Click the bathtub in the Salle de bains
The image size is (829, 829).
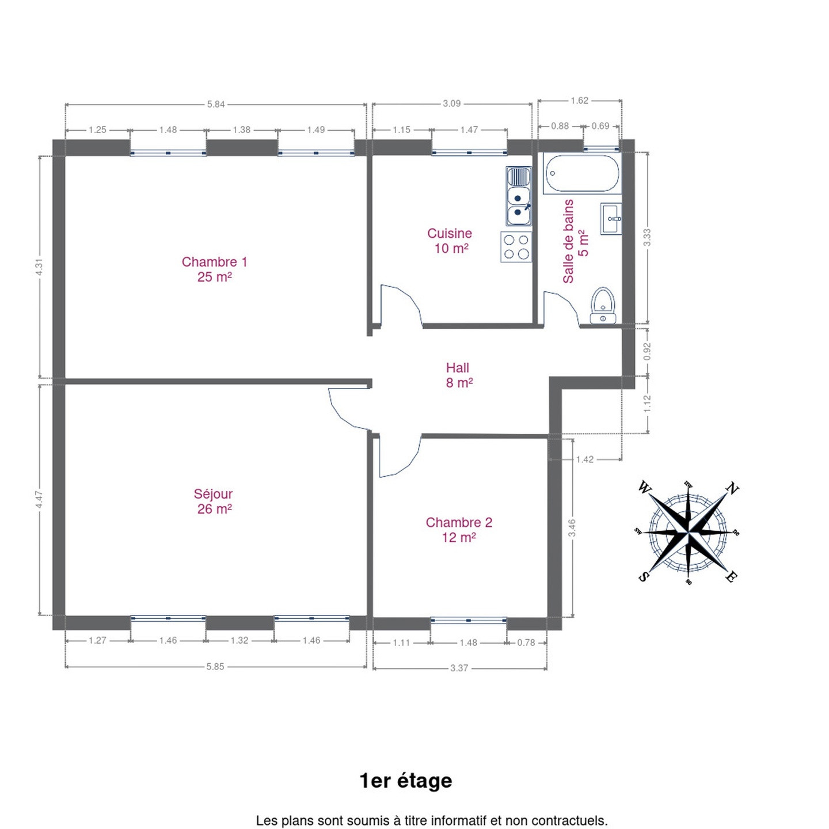(581, 174)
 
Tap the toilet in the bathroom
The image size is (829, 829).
(603, 306)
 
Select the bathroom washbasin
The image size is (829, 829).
(611, 219)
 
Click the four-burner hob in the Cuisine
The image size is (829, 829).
(516, 247)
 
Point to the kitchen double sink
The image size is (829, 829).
(519, 196)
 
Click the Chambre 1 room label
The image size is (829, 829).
(214, 269)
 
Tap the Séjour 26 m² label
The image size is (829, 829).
(214, 501)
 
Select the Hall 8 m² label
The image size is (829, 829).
(459, 375)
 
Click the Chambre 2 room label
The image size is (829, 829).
(459, 530)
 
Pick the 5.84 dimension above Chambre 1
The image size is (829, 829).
(216, 104)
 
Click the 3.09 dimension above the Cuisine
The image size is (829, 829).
(452, 104)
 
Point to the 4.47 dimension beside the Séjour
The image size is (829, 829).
(39, 500)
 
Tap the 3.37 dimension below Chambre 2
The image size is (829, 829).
(459, 668)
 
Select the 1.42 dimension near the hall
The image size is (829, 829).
(585, 459)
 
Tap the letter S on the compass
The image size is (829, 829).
(642, 577)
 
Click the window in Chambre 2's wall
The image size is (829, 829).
(469, 621)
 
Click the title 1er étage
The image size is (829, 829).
(406, 781)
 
